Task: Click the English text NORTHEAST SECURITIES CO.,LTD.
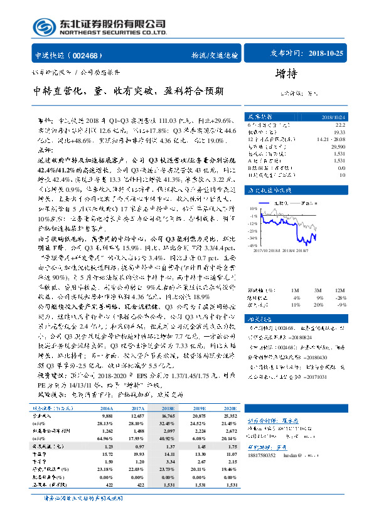[x=113, y=33]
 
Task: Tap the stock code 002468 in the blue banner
[x=92, y=55]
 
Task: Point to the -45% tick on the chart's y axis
[x=253, y=245]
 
